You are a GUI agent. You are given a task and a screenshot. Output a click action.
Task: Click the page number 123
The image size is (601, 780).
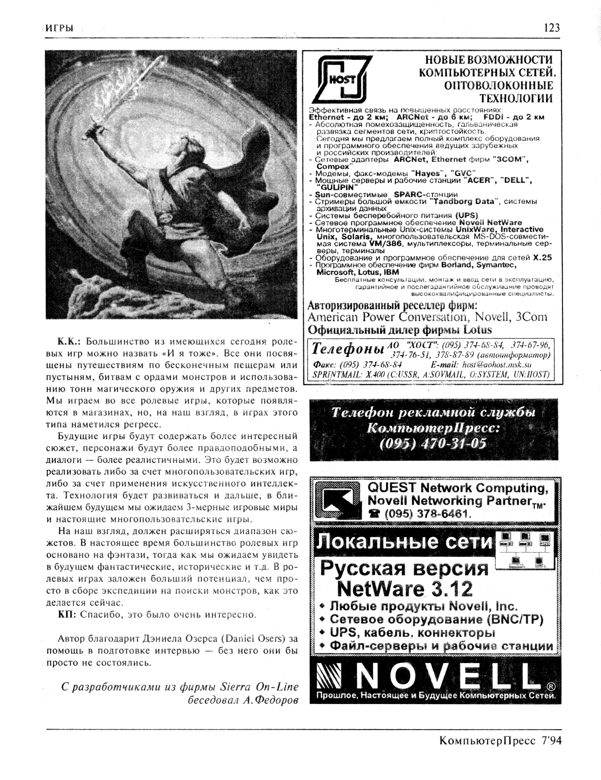pyautogui.click(x=552, y=28)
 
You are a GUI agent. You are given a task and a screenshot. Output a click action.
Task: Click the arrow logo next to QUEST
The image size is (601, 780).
pyautogui.click(x=338, y=501)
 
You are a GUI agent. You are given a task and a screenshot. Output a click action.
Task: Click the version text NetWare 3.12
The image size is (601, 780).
pyautogui.click(x=405, y=589)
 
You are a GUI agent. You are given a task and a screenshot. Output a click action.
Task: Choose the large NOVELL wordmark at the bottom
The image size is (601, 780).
pyautogui.click(x=447, y=677)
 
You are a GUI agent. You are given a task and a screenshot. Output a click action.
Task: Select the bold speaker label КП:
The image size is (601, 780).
pyautogui.click(x=67, y=615)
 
